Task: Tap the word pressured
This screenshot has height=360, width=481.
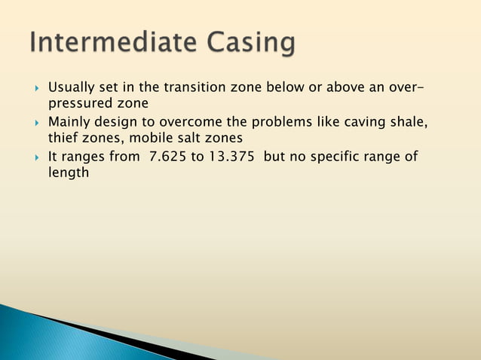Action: click(x=79, y=105)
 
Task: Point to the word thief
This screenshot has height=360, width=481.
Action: click(x=63, y=139)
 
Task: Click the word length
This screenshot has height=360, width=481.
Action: click(x=69, y=173)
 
